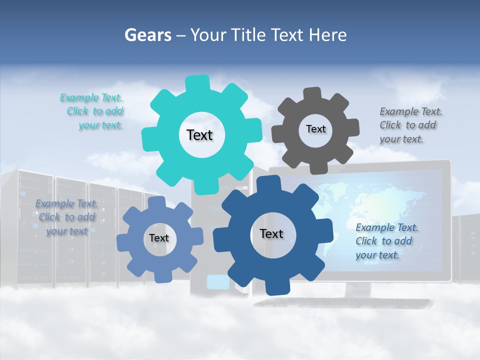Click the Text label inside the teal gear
click(199, 135)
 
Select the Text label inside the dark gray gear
click(315, 129)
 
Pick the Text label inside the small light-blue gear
click(159, 238)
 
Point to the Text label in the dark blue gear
click(271, 233)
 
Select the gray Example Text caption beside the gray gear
click(410, 125)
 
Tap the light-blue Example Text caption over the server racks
click(66, 217)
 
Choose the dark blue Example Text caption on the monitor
click(386, 241)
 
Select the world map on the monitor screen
click(350, 200)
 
